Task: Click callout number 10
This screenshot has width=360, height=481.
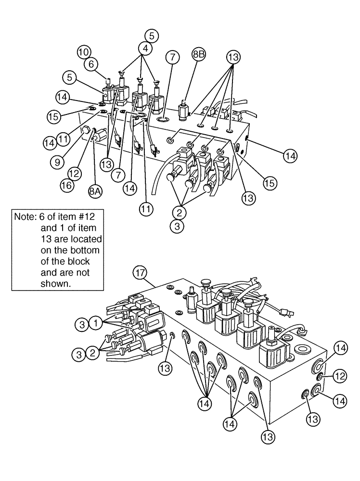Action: pos(84,51)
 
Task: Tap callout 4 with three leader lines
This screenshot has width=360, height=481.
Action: pos(145,48)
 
